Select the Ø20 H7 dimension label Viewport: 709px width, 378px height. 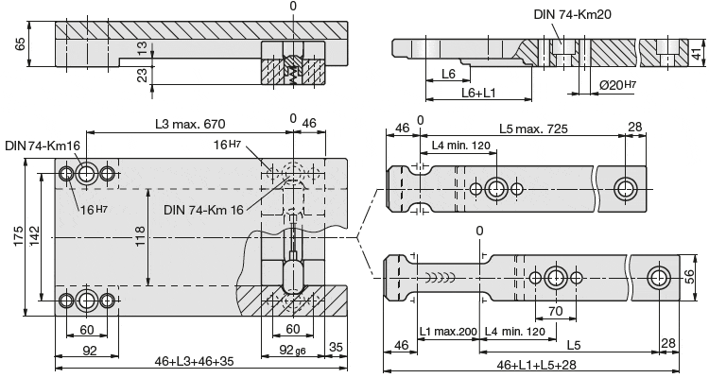(625, 86)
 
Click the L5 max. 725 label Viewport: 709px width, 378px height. (536, 128)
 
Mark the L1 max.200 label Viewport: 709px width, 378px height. (448, 332)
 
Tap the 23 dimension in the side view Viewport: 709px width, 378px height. (142, 74)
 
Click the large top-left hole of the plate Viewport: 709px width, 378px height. (87, 174)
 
